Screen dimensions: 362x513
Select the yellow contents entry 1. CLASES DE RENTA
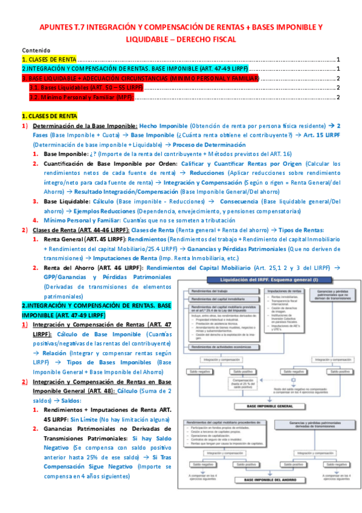(x=45, y=60)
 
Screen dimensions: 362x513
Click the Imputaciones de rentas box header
(x=282, y=291)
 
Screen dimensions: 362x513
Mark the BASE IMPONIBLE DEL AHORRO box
(x=266, y=480)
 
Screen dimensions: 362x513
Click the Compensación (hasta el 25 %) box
(x=242, y=384)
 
